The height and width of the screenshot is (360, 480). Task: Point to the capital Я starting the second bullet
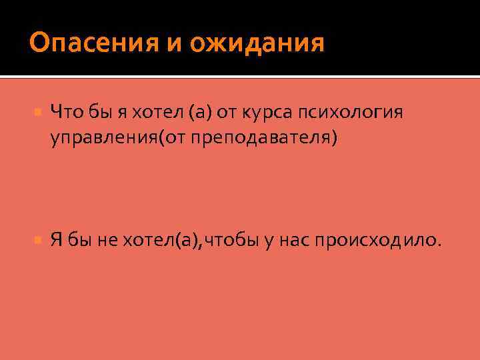(56, 240)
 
